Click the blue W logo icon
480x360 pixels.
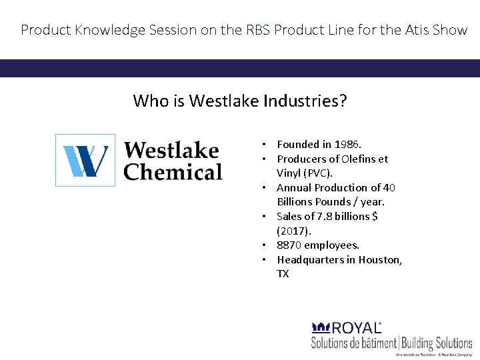85,160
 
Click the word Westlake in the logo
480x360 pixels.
171,150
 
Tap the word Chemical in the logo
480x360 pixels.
173,172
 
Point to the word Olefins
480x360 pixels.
359,159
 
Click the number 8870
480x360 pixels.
289,245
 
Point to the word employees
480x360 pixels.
331,245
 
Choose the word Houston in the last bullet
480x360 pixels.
380,259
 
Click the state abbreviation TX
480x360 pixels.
283,273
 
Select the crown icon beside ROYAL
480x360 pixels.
321,327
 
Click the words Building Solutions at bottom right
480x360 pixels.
436,343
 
